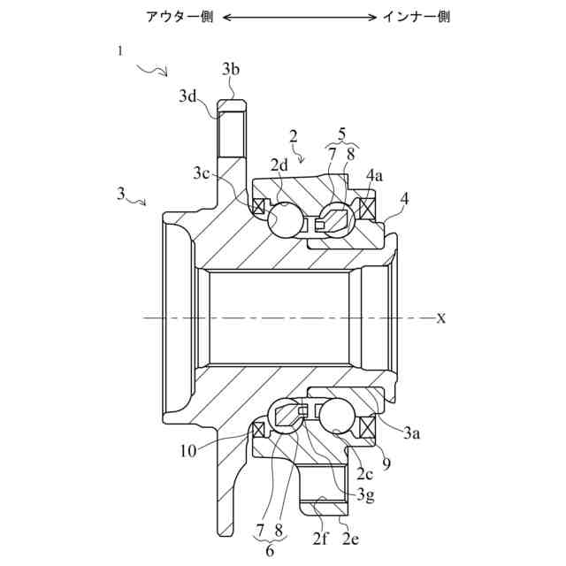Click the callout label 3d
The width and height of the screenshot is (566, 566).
click(x=188, y=95)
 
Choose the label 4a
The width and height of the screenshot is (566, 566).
click(x=374, y=176)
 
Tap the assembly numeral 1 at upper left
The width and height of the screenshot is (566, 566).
click(x=120, y=51)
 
